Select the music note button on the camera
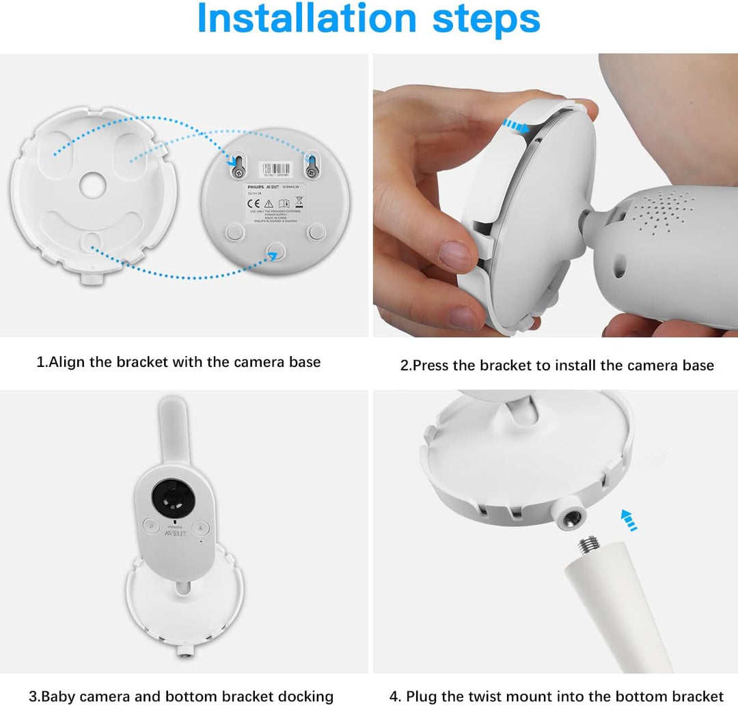click(199, 526)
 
